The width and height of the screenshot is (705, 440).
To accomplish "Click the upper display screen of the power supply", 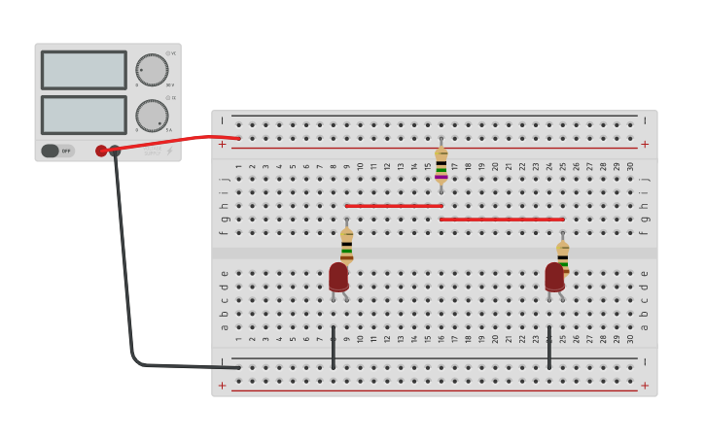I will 84,70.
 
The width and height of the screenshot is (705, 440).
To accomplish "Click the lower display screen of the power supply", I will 84,115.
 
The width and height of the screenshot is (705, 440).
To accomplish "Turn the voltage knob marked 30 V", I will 152,69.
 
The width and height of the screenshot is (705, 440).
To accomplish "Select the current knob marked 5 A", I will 152,115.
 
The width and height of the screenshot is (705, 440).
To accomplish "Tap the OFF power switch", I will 57,151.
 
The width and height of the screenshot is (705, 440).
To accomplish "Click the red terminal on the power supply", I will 101,151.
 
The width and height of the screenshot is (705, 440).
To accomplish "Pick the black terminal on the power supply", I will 115,151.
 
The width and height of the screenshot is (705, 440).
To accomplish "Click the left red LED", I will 338,277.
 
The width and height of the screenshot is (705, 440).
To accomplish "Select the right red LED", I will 554,277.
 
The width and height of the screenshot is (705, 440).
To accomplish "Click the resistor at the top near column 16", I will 441,163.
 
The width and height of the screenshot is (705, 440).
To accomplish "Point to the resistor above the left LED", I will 346,245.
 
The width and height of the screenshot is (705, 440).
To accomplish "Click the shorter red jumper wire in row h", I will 394,206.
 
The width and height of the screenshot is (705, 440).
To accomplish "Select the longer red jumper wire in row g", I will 502,220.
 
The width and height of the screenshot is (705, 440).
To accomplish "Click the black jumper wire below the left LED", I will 334,348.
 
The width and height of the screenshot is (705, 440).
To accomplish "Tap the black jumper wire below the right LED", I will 549,348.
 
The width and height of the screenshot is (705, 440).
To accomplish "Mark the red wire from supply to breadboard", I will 175,142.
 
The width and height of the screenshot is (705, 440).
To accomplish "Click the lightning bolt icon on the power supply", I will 170,151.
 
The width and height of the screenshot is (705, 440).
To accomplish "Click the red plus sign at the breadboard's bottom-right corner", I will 644,385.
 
